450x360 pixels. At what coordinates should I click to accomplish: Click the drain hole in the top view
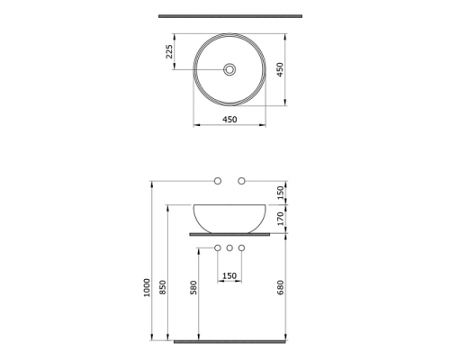[229, 69]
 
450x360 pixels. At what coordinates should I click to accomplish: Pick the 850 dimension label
[162, 287]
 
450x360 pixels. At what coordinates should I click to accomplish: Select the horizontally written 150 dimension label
[229, 274]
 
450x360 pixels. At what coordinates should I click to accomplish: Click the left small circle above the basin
[218, 182]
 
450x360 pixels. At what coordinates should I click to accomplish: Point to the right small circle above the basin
[241, 182]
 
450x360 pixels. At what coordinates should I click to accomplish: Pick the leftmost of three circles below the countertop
[218, 247]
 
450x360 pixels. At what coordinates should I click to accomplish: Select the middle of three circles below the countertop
[229, 247]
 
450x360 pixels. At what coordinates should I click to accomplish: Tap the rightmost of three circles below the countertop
[241, 247]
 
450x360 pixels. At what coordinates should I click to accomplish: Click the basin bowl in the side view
[229, 216]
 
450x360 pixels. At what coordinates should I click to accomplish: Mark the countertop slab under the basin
[229, 234]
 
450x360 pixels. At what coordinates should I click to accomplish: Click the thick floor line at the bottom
[229, 342]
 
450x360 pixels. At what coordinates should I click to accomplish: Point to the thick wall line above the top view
[229, 16]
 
